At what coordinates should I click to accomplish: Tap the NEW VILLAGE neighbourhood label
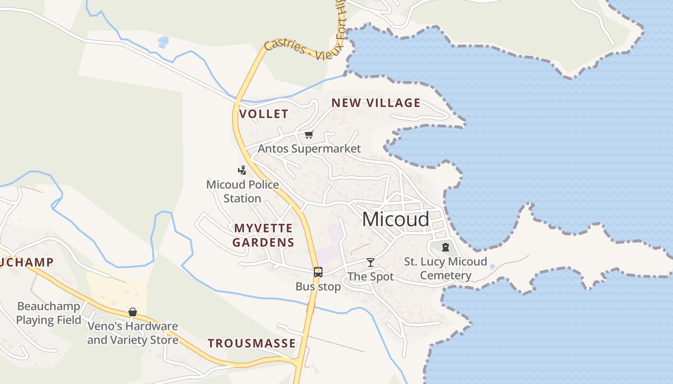tap(376, 103)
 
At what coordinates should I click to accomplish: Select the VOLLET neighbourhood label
tap(263, 114)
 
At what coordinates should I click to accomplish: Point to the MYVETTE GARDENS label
tap(263, 235)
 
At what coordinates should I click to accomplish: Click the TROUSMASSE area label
tap(251, 343)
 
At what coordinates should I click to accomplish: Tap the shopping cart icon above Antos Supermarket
tap(309, 135)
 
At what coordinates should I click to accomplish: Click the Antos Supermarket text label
tap(309, 149)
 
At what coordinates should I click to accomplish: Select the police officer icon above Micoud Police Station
tap(242, 170)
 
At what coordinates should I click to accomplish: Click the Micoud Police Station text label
tap(242, 192)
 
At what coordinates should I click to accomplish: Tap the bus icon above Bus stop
tap(318, 272)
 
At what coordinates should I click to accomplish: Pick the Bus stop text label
tap(318, 287)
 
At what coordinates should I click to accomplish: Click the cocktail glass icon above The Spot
tap(370, 262)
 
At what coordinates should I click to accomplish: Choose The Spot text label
tap(370, 276)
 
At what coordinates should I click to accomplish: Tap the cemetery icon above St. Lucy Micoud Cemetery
tap(446, 248)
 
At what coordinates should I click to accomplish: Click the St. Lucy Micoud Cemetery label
tap(445, 268)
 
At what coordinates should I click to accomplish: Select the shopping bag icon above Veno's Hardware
tap(133, 312)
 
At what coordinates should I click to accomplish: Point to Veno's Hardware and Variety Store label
tap(133, 333)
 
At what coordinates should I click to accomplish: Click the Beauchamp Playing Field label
tap(49, 313)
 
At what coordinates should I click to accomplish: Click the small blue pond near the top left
tap(163, 42)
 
